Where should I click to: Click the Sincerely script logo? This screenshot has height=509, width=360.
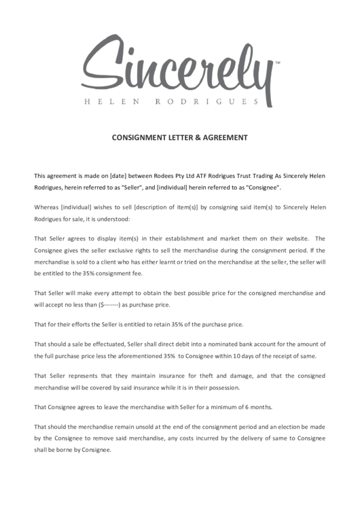click(179, 65)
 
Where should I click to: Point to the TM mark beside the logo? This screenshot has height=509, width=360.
click(277, 62)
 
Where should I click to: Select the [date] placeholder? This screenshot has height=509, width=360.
click(109, 175)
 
